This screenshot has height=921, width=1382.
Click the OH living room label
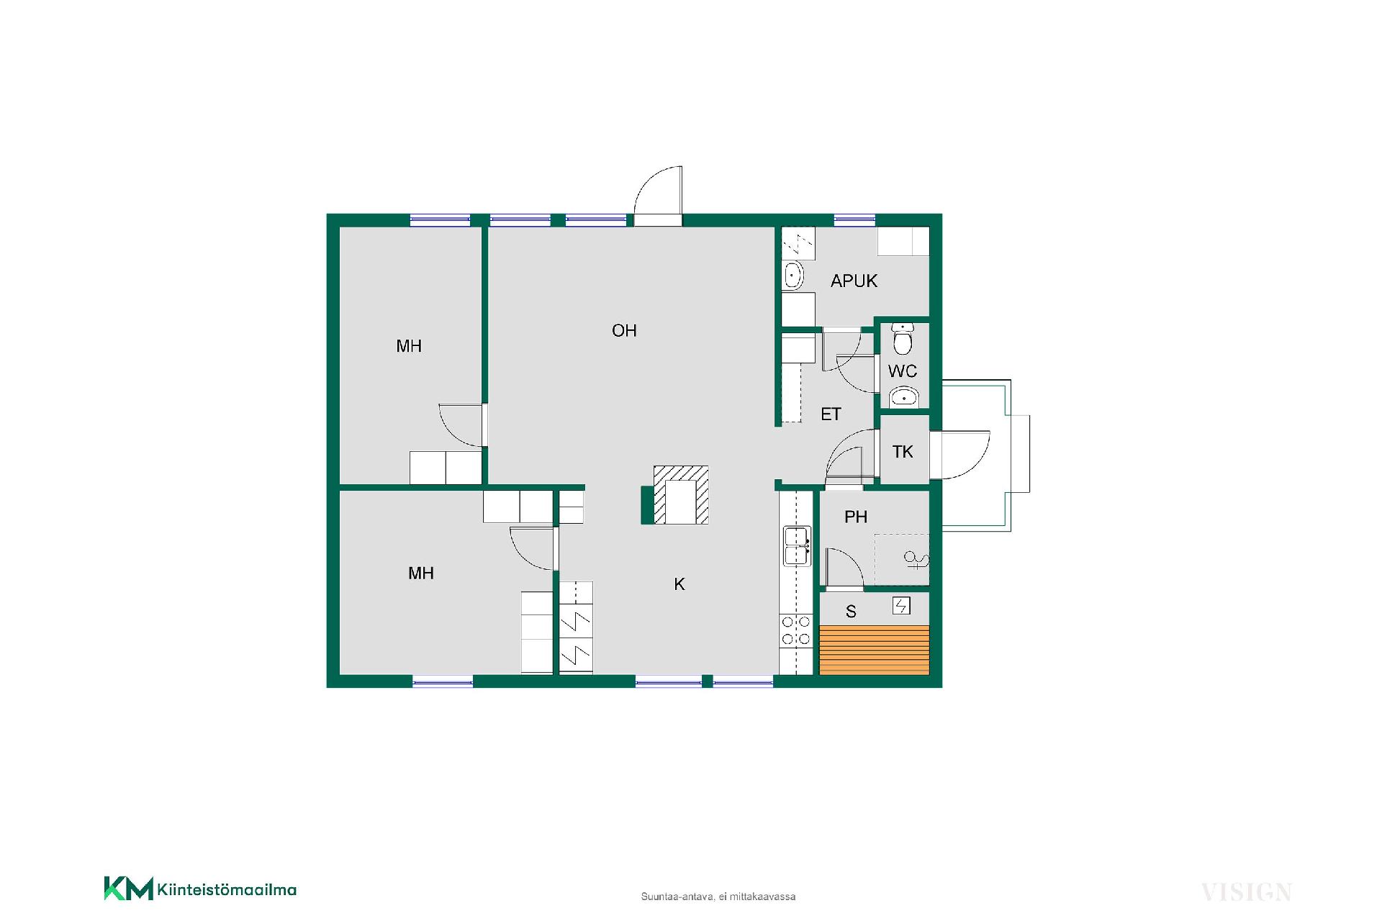(624, 330)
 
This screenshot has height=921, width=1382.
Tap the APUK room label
(854, 281)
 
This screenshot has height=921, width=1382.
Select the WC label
(903, 371)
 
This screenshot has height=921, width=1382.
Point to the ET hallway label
(831, 414)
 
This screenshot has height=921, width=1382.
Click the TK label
(903, 452)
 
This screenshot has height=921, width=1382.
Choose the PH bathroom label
(856, 517)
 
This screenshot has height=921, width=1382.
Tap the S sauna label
(851, 612)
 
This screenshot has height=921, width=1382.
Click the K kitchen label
(679, 584)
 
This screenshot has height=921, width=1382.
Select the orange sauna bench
(875, 650)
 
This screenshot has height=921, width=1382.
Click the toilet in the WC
(902, 339)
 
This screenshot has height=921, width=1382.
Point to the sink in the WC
(903, 396)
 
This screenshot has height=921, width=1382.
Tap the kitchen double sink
(798, 546)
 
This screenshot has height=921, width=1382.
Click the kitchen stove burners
(796, 630)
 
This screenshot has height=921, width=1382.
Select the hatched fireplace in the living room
(675, 495)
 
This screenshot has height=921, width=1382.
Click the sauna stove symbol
(901, 606)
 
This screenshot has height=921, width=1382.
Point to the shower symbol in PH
(916, 559)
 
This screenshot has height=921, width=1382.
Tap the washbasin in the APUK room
(792, 275)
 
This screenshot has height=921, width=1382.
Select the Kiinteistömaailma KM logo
(200, 889)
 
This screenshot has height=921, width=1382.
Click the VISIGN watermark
(1246, 892)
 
